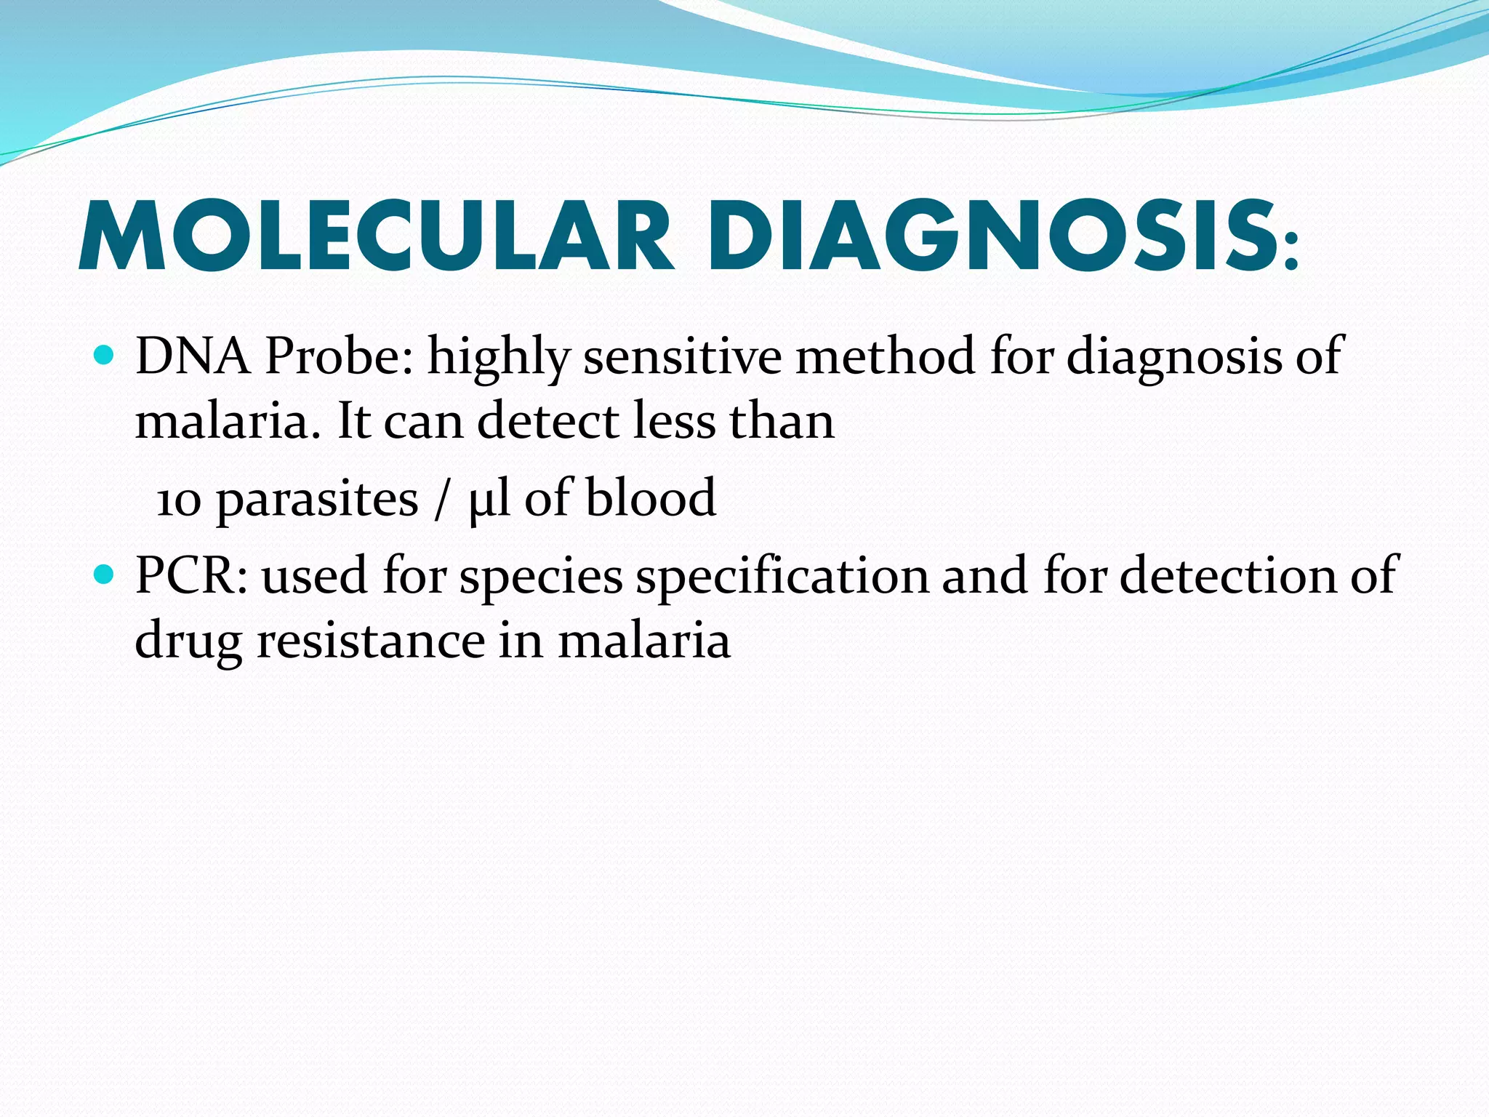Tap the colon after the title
pyautogui.click(x=1291, y=251)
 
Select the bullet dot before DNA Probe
pyautogui.click(x=105, y=356)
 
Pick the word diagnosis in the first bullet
pyautogui.click(x=1174, y=358)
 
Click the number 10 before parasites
pyautogui.click(x=178, y=501)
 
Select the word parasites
pyautogui.click(x=317, y=501)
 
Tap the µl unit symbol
pyautogui.click(x=488, y=501)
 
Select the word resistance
pyautogui.click(x=371, y=641)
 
